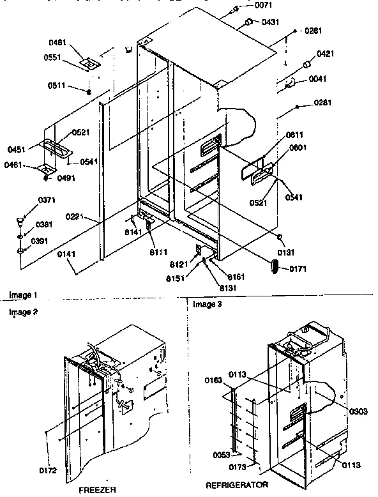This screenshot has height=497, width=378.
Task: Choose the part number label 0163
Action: pyautogui.click(x=213, y=381)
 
